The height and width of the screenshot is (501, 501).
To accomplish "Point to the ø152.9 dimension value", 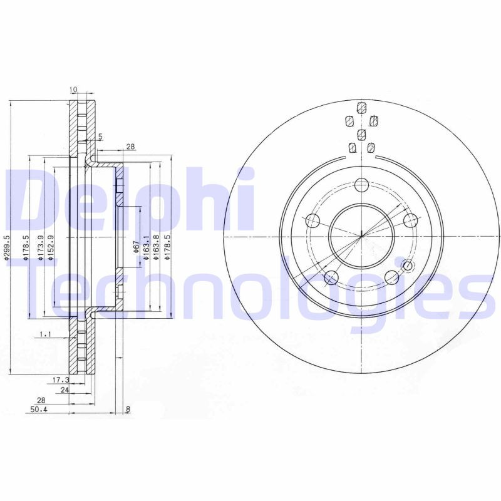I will point(50,248).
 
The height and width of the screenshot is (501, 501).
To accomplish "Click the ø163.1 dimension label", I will point(147,245).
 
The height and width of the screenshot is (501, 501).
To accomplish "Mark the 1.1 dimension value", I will point(45,334).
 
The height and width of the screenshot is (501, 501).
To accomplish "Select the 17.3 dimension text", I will point(59,380).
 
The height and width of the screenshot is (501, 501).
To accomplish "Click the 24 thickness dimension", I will point(64,390).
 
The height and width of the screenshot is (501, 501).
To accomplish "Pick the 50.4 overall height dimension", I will point(39,410).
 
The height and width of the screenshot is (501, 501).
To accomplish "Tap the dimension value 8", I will point(128,410).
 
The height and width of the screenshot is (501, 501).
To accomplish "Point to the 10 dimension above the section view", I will point(73,90).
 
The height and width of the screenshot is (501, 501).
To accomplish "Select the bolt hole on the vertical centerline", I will point(361,185).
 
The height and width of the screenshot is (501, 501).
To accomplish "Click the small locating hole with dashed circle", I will point(407,266).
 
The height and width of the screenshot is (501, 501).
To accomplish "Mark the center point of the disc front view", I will point(361,235).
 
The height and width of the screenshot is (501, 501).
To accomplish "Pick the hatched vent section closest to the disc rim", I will point(361,106).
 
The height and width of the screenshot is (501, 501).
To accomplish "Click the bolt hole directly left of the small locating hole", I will point(391,277).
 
